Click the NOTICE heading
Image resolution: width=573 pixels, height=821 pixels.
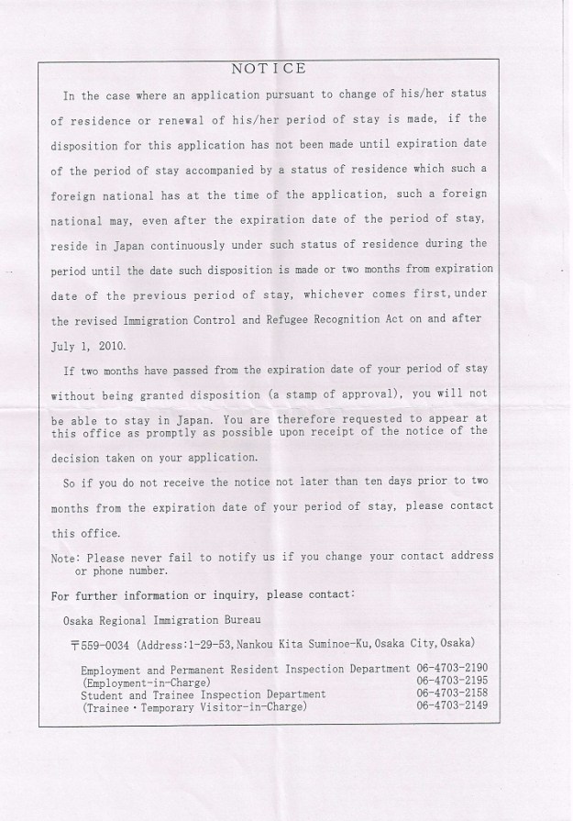click(269, 69)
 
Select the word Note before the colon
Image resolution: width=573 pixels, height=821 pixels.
click(66, 556)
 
